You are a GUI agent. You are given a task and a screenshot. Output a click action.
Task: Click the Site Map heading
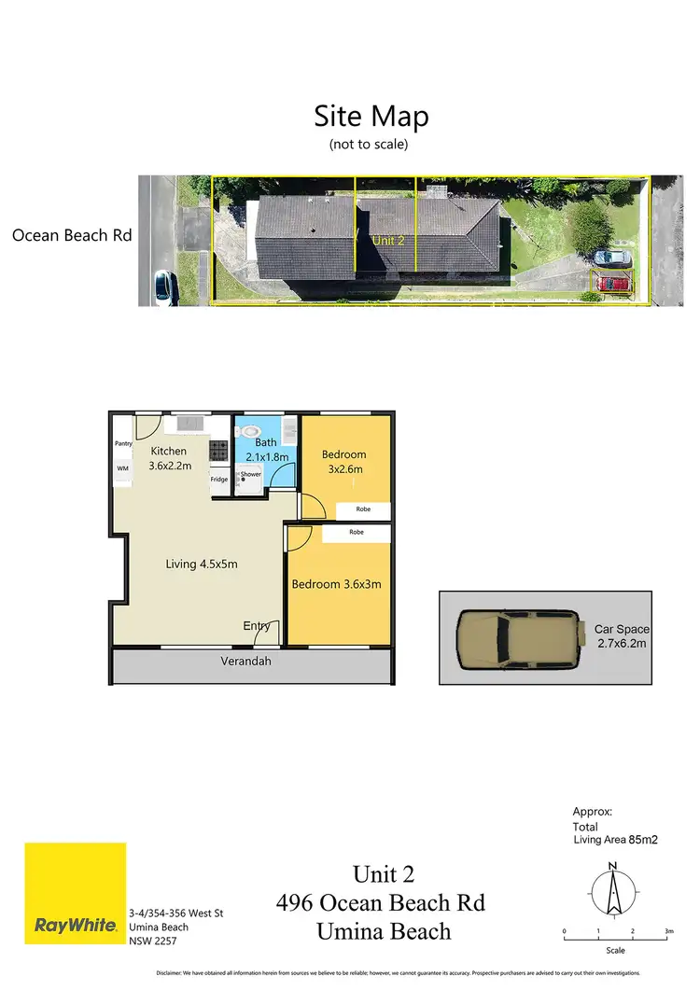click(371, 118)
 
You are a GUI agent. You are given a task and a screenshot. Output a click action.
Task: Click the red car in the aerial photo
click(614, 282)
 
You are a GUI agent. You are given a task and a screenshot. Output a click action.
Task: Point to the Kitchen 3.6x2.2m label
click(170, 458)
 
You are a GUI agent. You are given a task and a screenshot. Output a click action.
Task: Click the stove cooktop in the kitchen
click(219, 451)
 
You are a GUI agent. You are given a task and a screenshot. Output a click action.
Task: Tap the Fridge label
click(219, 480)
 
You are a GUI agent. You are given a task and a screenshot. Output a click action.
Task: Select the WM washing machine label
click(122, 468)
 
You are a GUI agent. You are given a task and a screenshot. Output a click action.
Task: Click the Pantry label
click(123, 444)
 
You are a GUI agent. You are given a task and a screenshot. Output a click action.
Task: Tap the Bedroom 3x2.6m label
click(343, 461)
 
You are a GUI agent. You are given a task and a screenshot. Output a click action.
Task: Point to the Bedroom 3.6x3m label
click(336, 585)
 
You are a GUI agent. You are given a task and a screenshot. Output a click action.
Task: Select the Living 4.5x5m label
click(202, 564)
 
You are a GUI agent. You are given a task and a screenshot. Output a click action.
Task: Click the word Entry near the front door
click(257, 626)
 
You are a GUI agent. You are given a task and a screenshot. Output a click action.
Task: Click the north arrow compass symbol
click(611, 892)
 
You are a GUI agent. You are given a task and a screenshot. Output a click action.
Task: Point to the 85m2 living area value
click(642, 840)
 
